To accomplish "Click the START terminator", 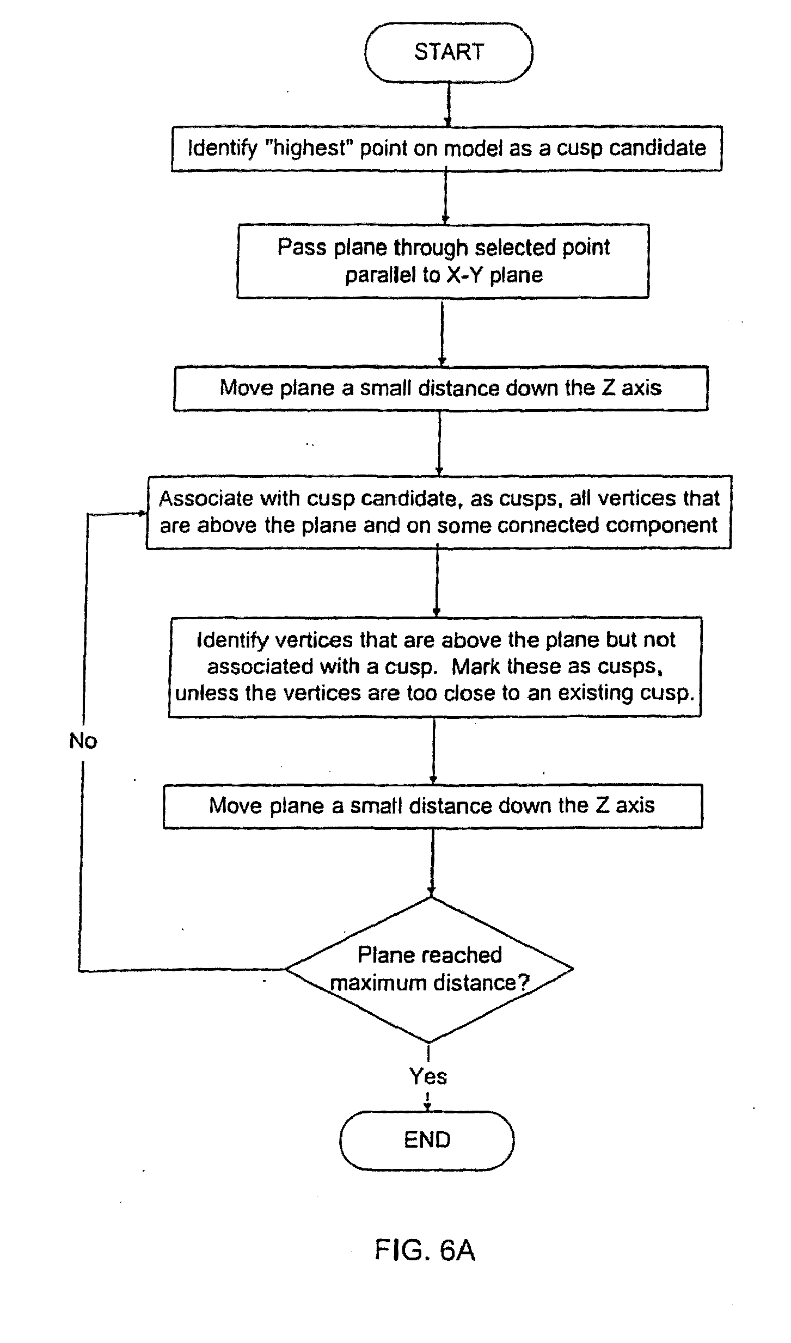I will point(449,53).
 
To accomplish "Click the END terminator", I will point(427,1139).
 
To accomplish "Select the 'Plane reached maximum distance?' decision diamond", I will point(430,969).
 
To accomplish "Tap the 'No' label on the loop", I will point(83,741).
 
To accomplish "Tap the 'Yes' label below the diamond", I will point(428,1076).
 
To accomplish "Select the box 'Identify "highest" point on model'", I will point(446,149).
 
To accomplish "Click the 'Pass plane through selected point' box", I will point(443,261).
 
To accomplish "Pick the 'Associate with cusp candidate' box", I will point(438,512).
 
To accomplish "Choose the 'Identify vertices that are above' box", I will point(435,667).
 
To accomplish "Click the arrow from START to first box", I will point(449,104).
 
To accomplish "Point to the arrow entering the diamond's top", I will point(432,863).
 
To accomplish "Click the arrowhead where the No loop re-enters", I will point(143,513).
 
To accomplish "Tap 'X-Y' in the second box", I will point(465,275).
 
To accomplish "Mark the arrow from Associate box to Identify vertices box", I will point(437,582).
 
